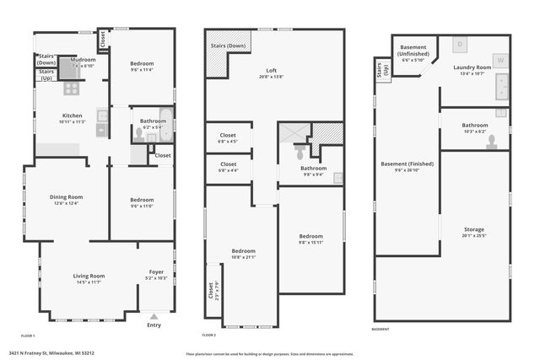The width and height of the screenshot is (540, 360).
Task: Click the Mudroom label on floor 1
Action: tap(84, 60)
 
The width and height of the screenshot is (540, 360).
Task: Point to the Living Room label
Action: tap(89, 276)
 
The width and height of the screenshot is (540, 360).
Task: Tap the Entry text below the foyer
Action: tap(154, 325)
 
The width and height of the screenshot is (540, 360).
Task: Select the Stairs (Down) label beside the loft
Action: tap(228, 46)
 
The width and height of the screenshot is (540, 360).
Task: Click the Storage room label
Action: tap(473, 228)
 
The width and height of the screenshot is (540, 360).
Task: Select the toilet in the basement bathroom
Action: tap(491, 141)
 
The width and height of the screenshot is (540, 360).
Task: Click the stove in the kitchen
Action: tap(71, 87)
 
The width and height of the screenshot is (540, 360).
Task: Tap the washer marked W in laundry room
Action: tap(500, 60)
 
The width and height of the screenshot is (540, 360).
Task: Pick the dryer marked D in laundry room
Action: tap(460, 43)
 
